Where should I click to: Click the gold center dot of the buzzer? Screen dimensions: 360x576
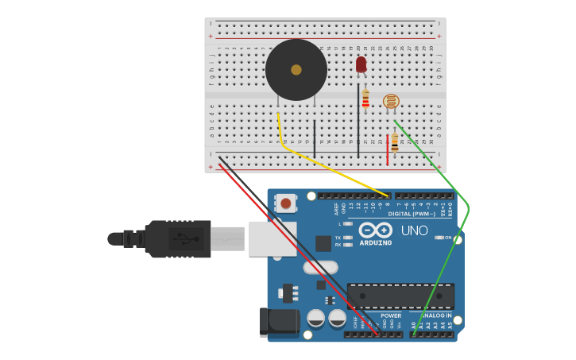click(x=296, y=70)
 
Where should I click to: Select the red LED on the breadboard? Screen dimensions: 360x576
click(x=361, y=64)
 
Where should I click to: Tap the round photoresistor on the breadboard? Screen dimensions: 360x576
click(x=391, y=101)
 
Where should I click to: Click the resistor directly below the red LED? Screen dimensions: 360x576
click(x=365, y=99)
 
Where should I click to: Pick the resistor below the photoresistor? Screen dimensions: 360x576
click(x=395, y=143)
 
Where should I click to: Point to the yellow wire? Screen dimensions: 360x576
click(x=334, y=168)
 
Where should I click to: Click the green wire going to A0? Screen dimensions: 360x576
click(x=457, y=238)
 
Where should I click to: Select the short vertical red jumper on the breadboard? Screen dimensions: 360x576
click(x=388, y=149)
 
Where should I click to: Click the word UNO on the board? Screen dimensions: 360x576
click(x=413, y=230)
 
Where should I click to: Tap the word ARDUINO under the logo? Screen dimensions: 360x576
click(x=375, y=242)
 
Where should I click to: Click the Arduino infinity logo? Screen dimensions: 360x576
click(x=374, y=230)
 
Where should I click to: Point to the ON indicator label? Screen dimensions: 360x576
click(x=448, y=238)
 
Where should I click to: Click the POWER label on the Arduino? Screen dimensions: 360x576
click(x=391, y=315)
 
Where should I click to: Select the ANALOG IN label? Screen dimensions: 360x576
click(x=433, y=315)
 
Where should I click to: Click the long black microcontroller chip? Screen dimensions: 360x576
click(x=400, y=296)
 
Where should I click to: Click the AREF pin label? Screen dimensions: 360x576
click(x=336, y=209)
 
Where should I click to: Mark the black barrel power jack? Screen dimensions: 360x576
click(x=279, y=322)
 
